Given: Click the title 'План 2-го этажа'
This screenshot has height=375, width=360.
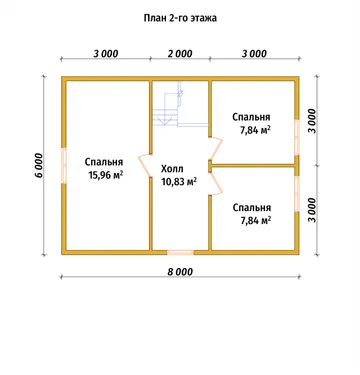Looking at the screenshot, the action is pyautogui.click(x=180, y=18).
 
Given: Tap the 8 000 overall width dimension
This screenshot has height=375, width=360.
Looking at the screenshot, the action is pyautogui.click(x=180, y=272).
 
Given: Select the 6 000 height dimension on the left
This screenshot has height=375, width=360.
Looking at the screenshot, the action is pyautogui.click(x=39, y=165).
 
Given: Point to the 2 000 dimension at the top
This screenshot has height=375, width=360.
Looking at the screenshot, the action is pyautogui.click(x=180, y=53).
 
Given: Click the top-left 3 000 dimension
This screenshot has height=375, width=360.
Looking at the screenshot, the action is pyautogui.click(x=106, y=53).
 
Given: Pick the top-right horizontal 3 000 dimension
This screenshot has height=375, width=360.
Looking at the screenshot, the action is pyautogui.click(x=254, y=53).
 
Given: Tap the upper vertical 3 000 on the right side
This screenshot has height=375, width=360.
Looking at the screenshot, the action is pyautogui.click(x=312, y=121).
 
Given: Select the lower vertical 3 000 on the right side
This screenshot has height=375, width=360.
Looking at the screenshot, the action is pyautogui.click(x=312, y=210).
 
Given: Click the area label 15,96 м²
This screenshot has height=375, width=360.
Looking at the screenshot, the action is pyautogui.click(x=105, y=174).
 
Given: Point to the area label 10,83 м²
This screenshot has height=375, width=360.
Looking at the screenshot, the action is pyautogui.click(x=179, y=181).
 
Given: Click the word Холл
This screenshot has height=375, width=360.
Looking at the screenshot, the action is pyautogui.click(x=172, y=169).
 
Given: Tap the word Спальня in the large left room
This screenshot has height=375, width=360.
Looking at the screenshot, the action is pyautogui.click(x=104, y=162).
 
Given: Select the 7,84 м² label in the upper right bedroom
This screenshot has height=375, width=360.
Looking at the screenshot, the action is pyautogui.click(x=255, y=130).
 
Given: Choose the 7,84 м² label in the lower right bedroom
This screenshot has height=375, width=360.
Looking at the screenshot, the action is pyautogui.click(x=255, y=220).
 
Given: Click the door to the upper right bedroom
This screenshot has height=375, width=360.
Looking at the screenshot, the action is pyautogui.click(x=216, y=148).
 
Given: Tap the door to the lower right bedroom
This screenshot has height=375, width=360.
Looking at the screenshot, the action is pyautogui.click(x=216, y=183).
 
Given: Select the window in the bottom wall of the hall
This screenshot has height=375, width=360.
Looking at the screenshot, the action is pyautogui.click(x=180, y=252).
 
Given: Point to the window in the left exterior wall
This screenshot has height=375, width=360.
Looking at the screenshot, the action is pyautogui.click(x=64, y=165).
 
